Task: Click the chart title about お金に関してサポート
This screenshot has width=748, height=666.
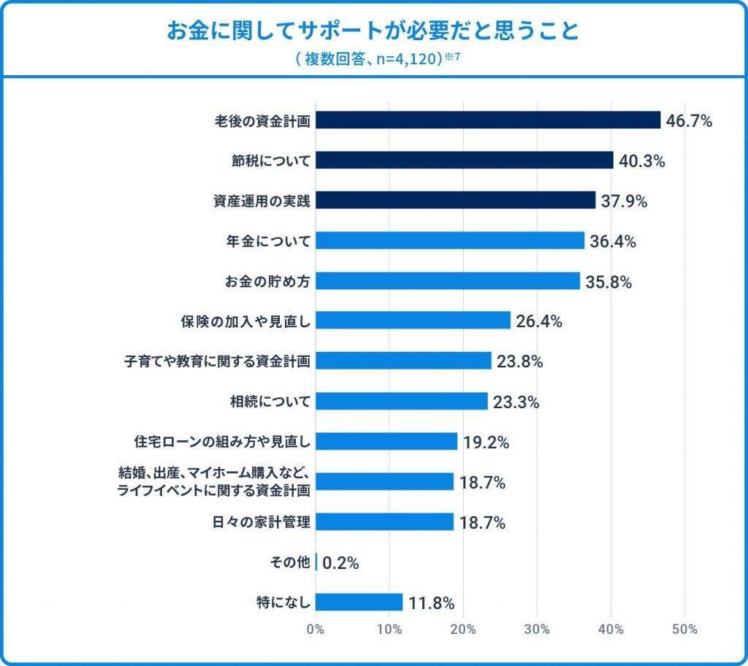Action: (373, 31)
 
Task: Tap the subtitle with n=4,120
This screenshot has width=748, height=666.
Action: (373, 58)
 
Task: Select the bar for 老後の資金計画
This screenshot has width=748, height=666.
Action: (488, 120)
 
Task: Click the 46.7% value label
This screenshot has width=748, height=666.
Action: (689, 121)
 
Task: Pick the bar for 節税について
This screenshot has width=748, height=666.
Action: (465, 161)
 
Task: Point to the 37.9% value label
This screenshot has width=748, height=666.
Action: (624, 202)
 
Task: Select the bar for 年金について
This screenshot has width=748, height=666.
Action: (450, 241)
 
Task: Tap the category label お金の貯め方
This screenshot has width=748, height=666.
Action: (267, 281)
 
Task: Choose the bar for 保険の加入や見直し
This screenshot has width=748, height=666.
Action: (413, 321)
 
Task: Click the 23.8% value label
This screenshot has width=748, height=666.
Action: (519, 361)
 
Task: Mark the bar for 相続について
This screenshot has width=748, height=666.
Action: (402, 401)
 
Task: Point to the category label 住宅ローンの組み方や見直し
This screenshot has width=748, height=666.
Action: (223, 441)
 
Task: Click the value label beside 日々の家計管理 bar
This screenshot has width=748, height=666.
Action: (483, 523)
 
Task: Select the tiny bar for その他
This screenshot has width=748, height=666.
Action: (316, 562)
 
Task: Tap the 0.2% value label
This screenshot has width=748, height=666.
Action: (340, 563)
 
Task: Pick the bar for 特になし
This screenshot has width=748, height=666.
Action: (359, 602)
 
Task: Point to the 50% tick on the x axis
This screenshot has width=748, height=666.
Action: (684, 629)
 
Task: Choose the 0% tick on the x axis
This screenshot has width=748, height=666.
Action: (316, 629)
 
